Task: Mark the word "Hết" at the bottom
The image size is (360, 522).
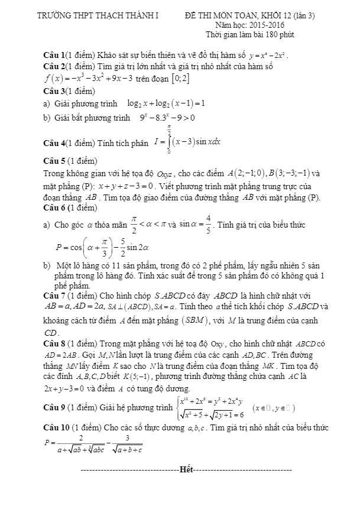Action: (x=186, y=470)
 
